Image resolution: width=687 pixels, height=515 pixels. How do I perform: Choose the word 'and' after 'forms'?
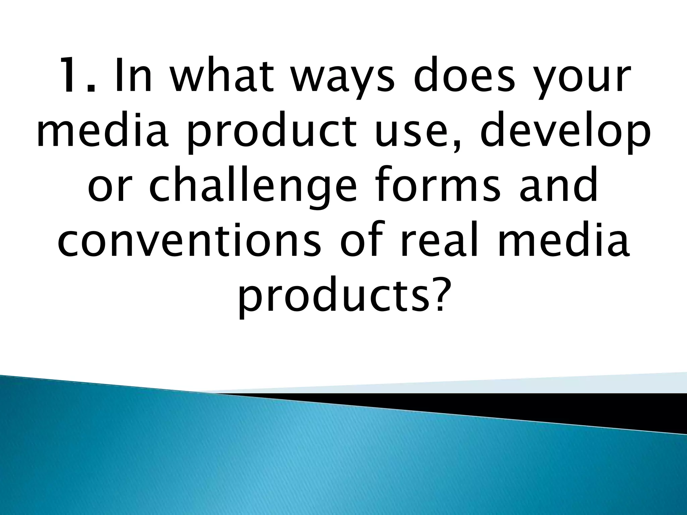(570, 188)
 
